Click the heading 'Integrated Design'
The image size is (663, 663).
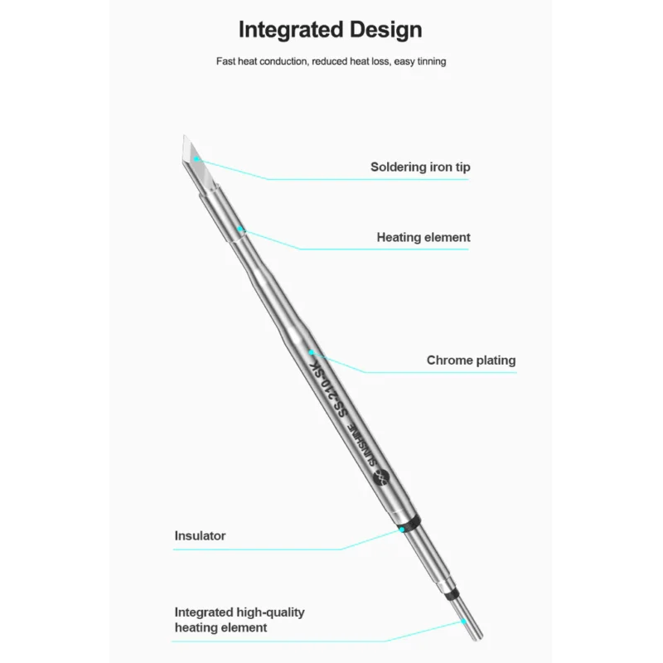point(330,30)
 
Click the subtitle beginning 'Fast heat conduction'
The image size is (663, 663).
point(331,61)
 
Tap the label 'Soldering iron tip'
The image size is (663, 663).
point(420,167)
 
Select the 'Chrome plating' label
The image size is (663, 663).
point(471,361)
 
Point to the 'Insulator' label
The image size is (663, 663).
point(200,535)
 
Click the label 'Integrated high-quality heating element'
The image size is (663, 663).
point(240,620)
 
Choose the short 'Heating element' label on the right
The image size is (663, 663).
point(423,237)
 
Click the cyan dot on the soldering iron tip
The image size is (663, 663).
point(196,158)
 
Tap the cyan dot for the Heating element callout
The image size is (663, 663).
point(240,229)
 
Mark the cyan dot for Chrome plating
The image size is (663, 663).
point(312,351)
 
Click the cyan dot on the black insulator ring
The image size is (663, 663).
point(402,529)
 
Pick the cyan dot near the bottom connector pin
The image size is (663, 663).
point(463,621)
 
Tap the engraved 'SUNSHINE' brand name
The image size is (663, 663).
point(361,445)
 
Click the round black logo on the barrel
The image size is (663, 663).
point(380,478)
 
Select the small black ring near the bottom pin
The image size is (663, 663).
point(452,594)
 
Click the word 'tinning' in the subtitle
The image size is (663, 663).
point(431,61)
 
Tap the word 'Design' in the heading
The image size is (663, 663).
point(385,30)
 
